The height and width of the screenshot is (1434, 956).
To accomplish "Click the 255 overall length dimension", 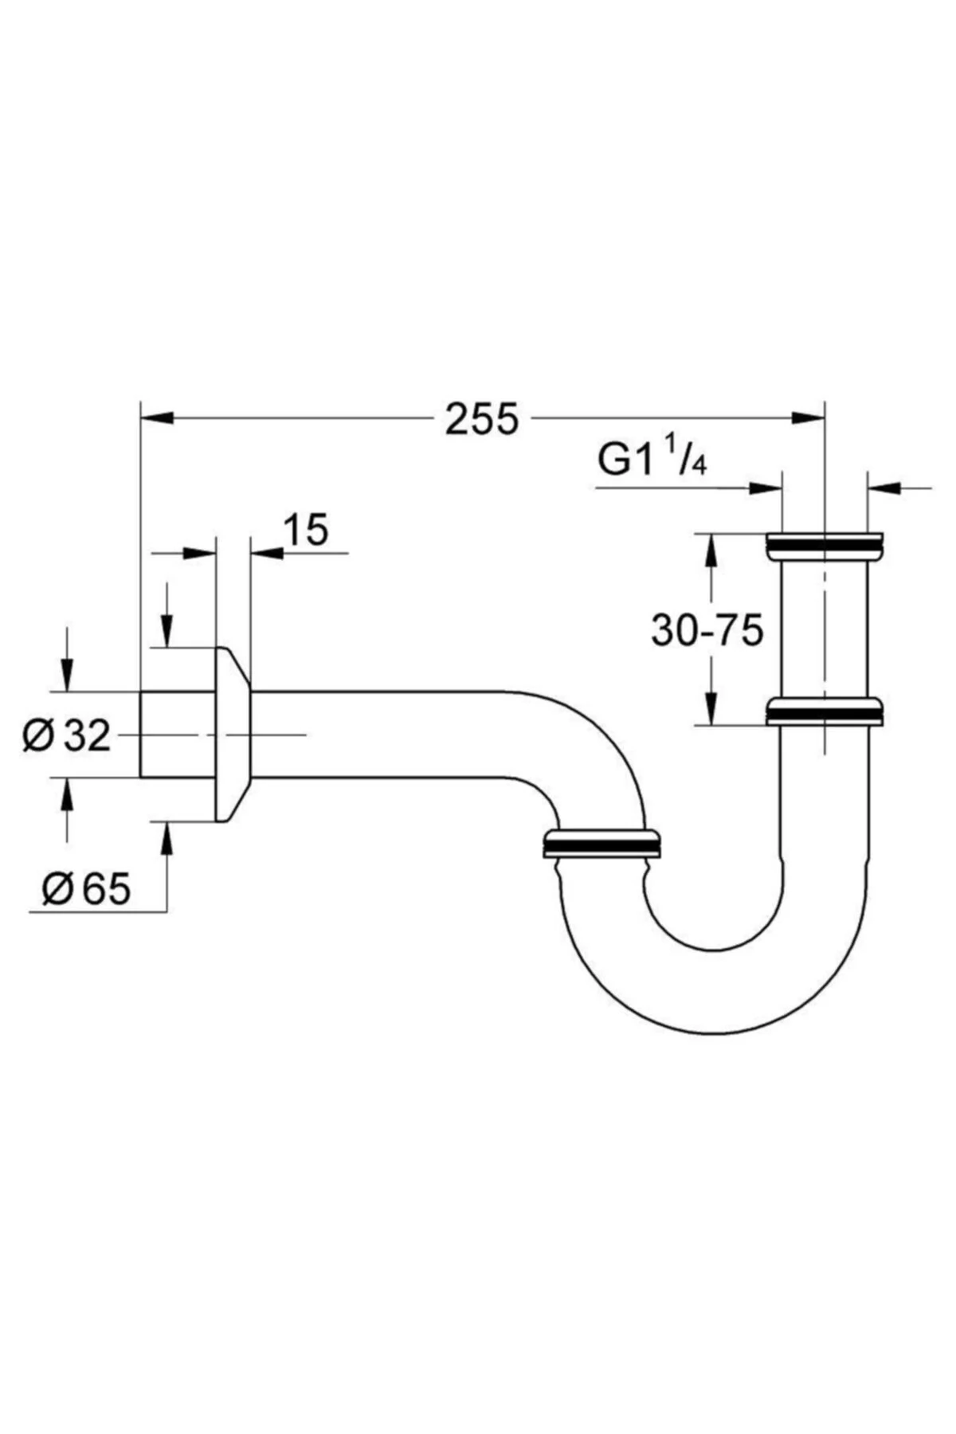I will pyautogui.click(x=481, y=419).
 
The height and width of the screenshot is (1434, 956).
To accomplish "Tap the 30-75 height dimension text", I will pyautogui.click(x=707, y=630).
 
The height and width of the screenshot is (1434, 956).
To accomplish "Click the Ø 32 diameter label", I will pyautogui.click(x=66, y=735).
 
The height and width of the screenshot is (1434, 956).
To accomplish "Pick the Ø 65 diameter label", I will pyautogui.click(x=86, y=889).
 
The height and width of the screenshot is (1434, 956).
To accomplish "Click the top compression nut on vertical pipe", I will pyautogui.click(x=824, y=547).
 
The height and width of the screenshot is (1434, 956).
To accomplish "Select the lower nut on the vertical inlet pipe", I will pyautogui.click(x=824, y=711).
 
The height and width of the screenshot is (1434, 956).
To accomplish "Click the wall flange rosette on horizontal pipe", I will pyautogui.click(x=233, y=735).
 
